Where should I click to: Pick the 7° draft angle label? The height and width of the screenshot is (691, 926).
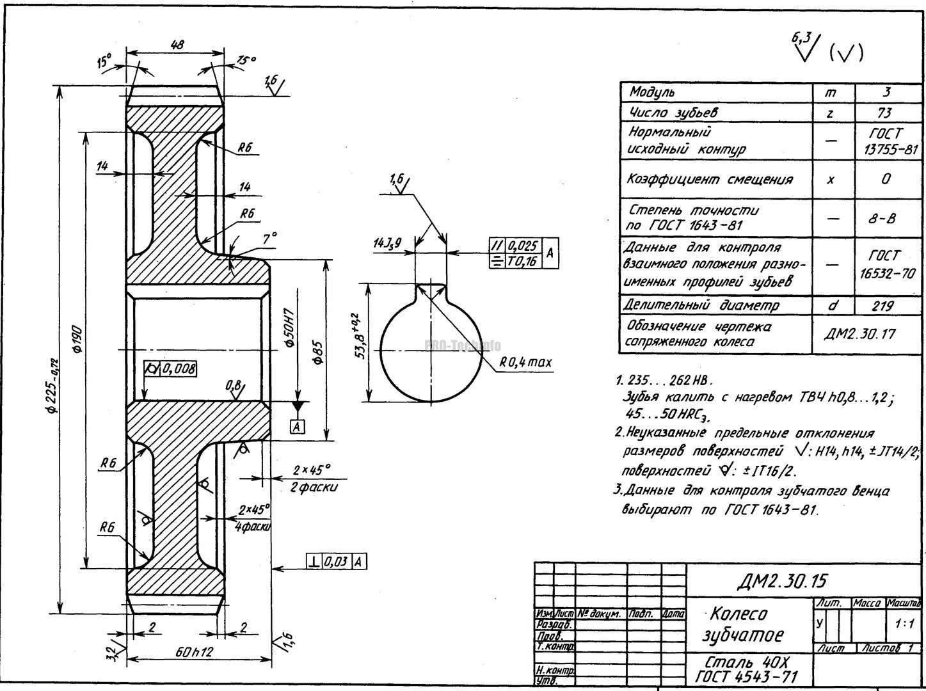(x=269, y=238)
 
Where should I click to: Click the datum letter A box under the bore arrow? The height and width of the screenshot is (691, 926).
(x=297, y=426)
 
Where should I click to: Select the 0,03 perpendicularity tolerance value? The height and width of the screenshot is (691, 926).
(x=337, y=562)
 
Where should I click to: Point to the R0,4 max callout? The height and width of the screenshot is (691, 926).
(x=525, y=362)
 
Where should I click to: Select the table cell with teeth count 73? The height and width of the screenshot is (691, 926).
(x=886, y=113)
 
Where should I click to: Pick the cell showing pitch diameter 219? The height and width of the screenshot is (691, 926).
(x=883, y=306)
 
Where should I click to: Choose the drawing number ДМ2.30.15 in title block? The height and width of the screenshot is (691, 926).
(x=781, y=580)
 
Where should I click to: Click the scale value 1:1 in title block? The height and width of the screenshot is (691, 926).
(x=906, y=623)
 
